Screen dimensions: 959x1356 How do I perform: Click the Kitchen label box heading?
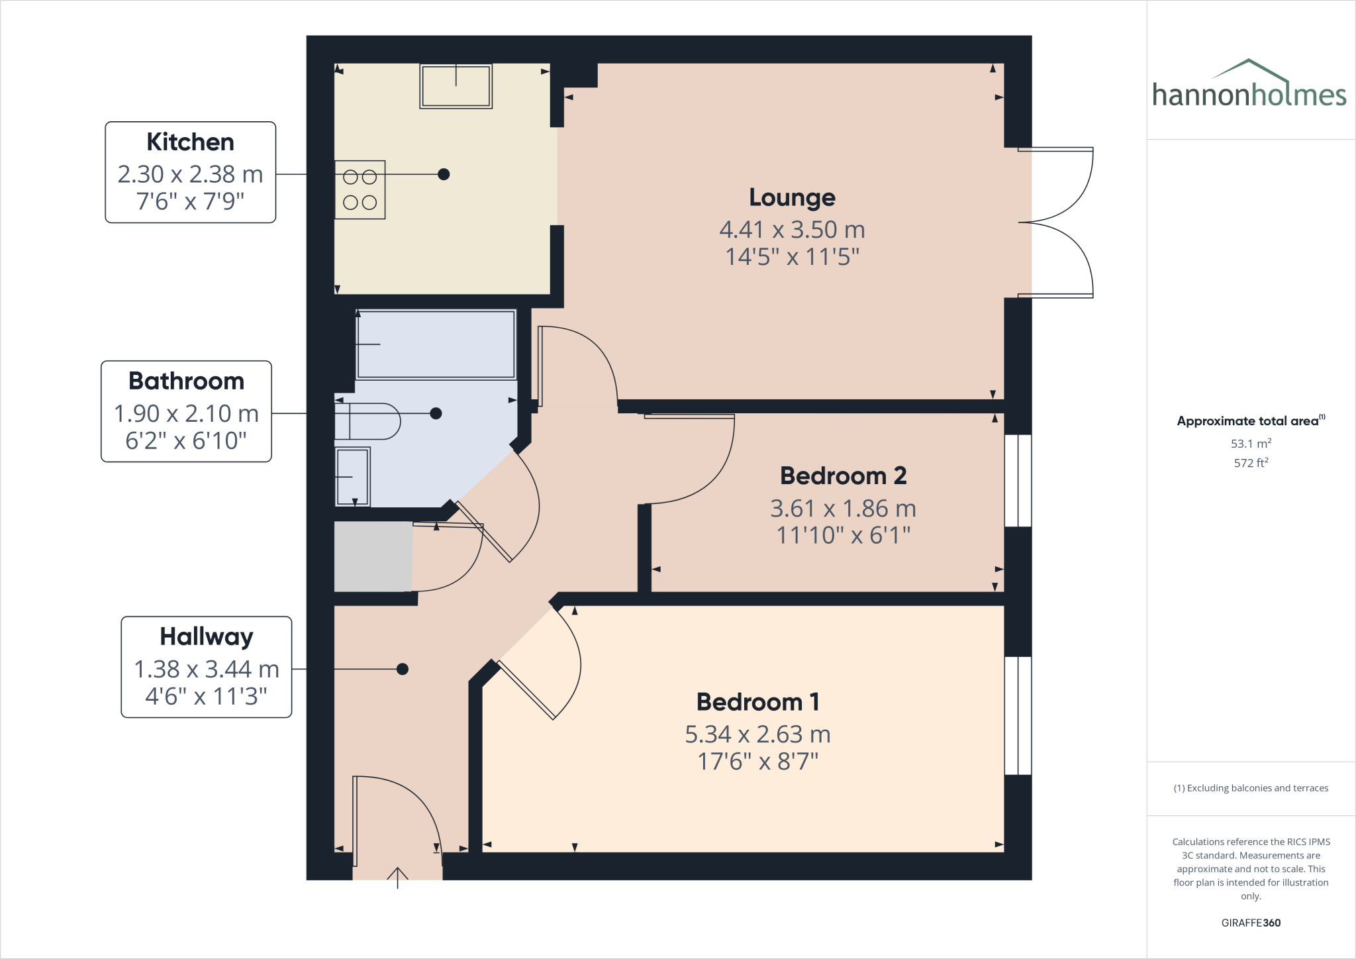coord(190,142)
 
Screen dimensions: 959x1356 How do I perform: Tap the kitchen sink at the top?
coord(456,86)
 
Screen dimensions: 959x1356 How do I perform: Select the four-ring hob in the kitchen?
coord(360,189)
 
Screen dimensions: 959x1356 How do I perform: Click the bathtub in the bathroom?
coord(436,344)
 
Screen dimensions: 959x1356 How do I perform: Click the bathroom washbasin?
coord(352,477)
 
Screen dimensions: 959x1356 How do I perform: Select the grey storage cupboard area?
coord(373,556)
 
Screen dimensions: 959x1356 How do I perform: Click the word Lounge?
coord(792,197)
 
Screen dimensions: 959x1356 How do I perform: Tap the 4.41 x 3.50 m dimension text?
coord(792,230)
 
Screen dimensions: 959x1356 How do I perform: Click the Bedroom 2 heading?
coord(843,476)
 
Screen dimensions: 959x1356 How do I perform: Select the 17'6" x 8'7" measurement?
coord(757,762)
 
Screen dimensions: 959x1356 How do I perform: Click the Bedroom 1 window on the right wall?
coord(1018,715)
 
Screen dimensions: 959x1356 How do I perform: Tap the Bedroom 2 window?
coord(1018,480)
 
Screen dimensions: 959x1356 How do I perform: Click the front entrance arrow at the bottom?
coord(397,877)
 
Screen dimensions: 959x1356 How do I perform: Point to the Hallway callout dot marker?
coord(402,669)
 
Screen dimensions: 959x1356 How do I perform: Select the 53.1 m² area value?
coord(1250,444)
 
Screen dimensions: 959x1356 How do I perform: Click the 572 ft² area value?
coord(1250,463)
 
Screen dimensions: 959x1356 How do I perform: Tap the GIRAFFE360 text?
coord(1250,923)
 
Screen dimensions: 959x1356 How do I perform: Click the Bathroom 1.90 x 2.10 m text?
coord(186,414)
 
